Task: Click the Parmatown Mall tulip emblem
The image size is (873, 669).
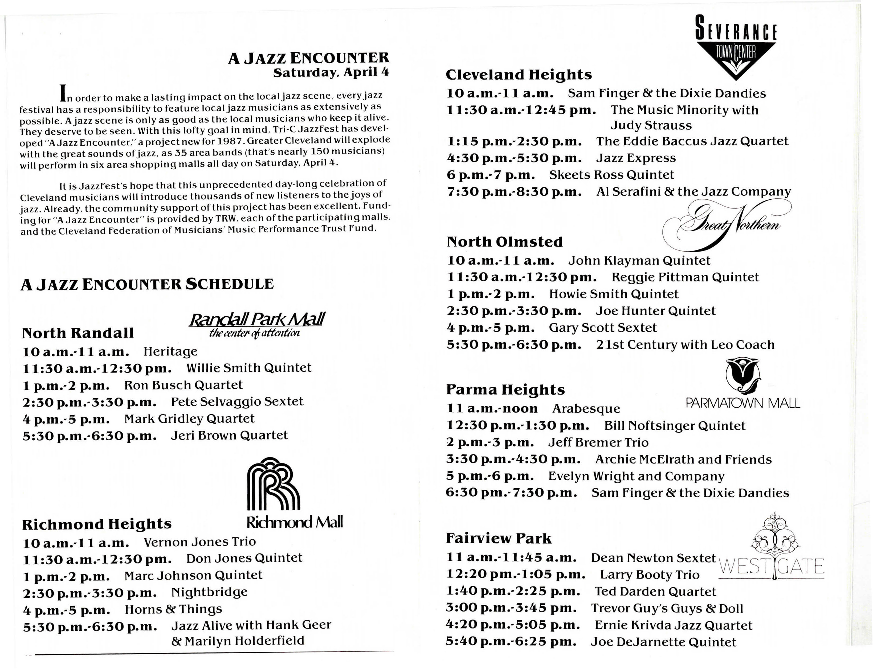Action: tap(742, 376)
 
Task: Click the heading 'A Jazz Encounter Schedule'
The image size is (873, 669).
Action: tap(147, 284)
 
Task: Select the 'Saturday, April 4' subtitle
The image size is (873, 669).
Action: tap(331, 72)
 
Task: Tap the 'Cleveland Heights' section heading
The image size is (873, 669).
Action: tap(519, 75)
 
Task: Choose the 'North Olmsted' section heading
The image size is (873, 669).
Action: tap(505, 242)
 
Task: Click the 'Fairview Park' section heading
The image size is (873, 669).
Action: tap(499, 538)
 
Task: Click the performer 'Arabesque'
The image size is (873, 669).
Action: tap(586, 409)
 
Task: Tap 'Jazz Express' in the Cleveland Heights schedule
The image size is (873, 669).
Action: tap(636, 158)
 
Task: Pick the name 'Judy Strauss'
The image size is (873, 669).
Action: tap(651, 125)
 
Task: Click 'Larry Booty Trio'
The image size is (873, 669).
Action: tap(650, 574)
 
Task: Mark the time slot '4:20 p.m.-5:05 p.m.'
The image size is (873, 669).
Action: tap(513, 625)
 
